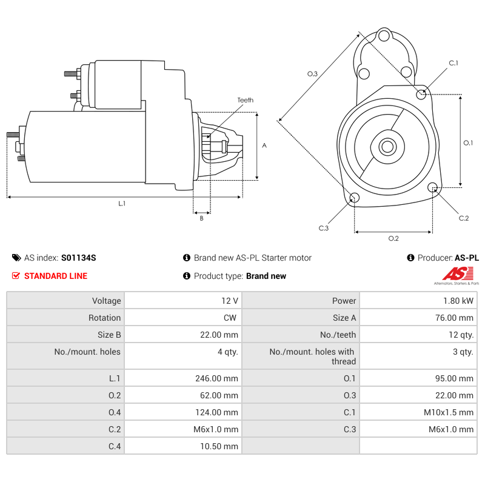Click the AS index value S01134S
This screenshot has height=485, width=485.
pos(78,258)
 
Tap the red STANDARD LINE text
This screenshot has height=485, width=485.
pos(55,276)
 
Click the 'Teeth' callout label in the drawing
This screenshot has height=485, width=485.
pos(245,100)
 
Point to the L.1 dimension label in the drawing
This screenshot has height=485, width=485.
pos(122,204)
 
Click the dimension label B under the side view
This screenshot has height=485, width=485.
pos(201,219)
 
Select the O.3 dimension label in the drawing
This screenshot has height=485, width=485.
pos(312,73)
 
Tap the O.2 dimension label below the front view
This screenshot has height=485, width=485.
pos(393,238)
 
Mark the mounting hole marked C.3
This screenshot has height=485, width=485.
pos(355,198)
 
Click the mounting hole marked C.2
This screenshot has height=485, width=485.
pos(433,187)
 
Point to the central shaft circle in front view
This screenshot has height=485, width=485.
pos(387,146)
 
